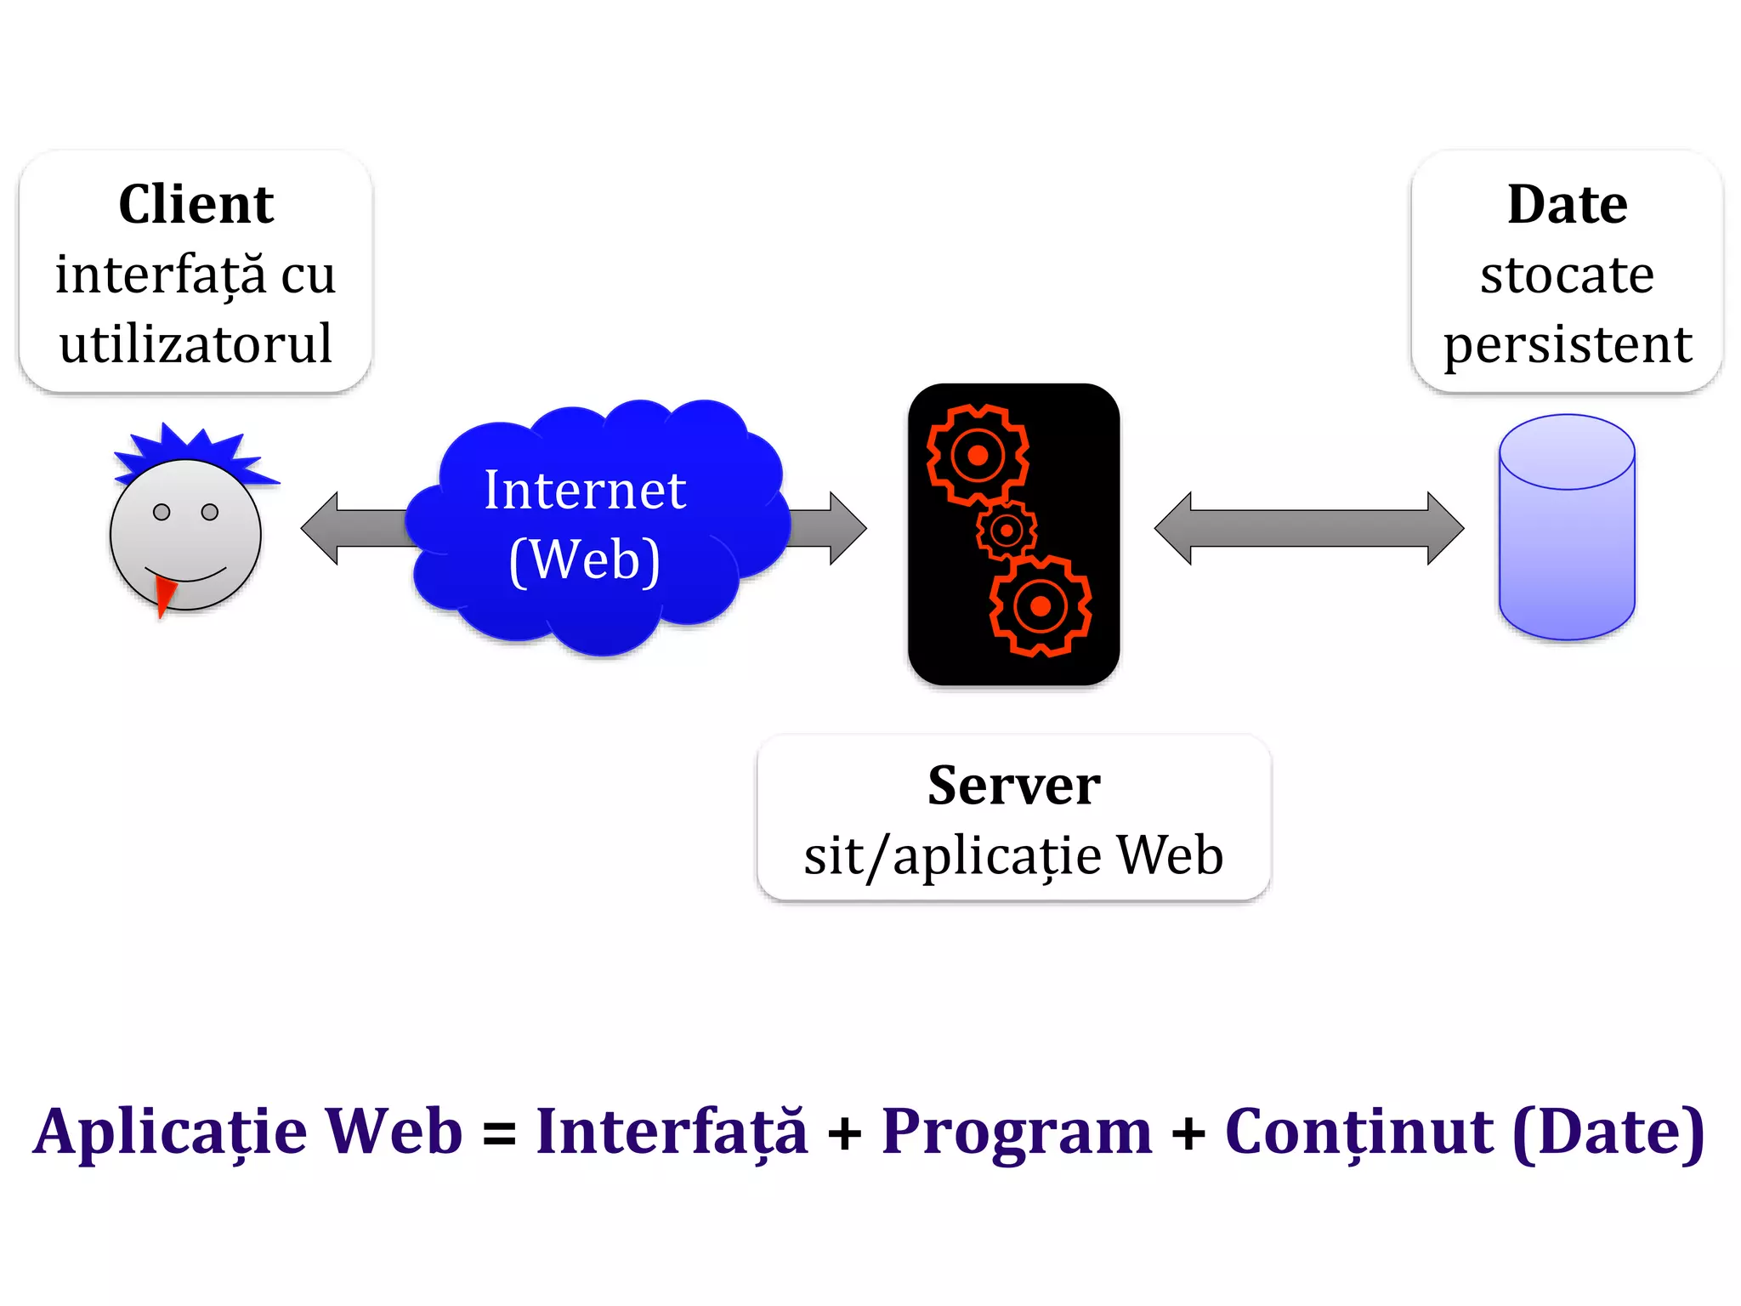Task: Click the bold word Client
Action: (196, 205)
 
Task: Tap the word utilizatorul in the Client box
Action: (196, 344)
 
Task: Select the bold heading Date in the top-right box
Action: (1567, 205)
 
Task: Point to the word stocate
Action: (1567, 275)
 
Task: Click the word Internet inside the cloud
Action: (585, 491)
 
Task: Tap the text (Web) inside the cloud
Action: (585, 560)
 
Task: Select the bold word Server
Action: (1013, 786)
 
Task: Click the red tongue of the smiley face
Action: (164, 593)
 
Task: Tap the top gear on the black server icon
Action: (978, 455)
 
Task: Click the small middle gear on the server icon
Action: (1007, 531)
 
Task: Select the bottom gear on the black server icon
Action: (1041, 606)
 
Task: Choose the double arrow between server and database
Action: (1308, 528)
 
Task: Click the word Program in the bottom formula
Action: (1017, 1133)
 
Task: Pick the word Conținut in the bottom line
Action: (1358, 1133)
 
